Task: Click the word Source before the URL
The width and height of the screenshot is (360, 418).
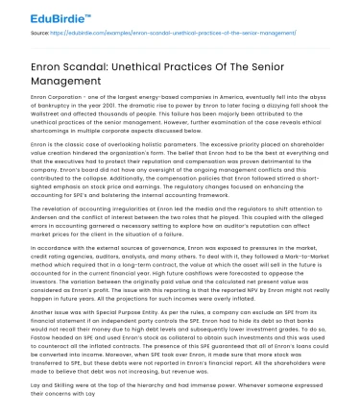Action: click(41, 32)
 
